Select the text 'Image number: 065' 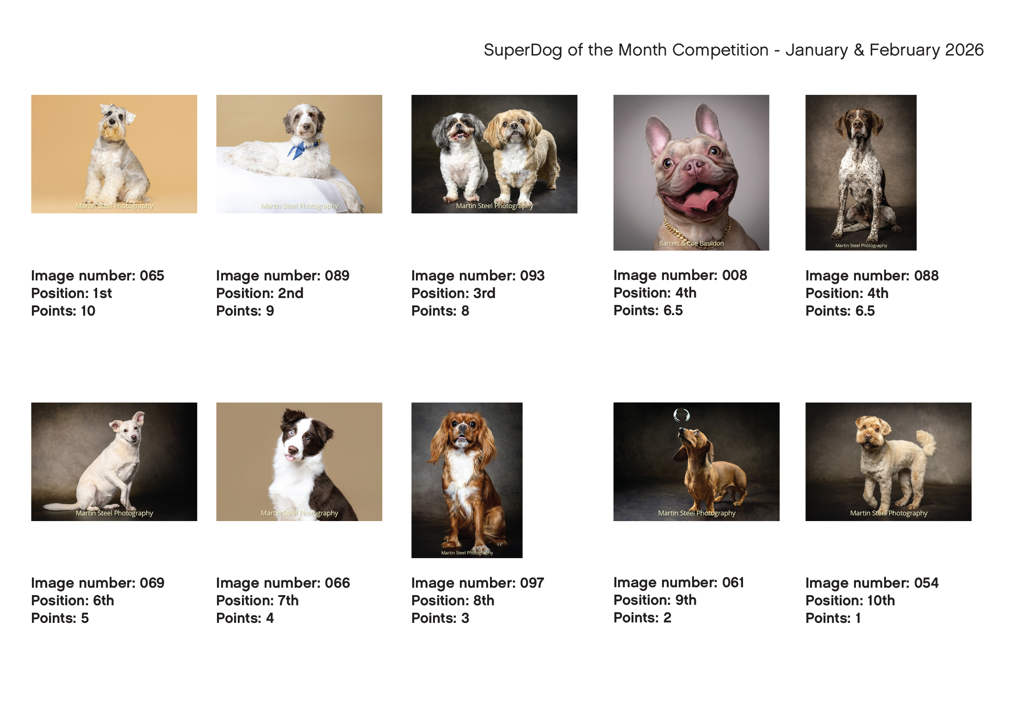pos(98,276)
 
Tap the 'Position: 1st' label pos(71,293)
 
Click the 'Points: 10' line pos(63,311)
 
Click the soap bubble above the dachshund pos(681,415)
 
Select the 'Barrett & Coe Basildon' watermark pos(691,243)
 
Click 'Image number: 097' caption pos(477,583)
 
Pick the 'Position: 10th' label pos(850,601)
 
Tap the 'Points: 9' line pos(245,311)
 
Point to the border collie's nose pos(293,450)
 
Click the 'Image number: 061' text pos(679,583)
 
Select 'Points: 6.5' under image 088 pos(840,311)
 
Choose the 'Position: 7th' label pos(257,601)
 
